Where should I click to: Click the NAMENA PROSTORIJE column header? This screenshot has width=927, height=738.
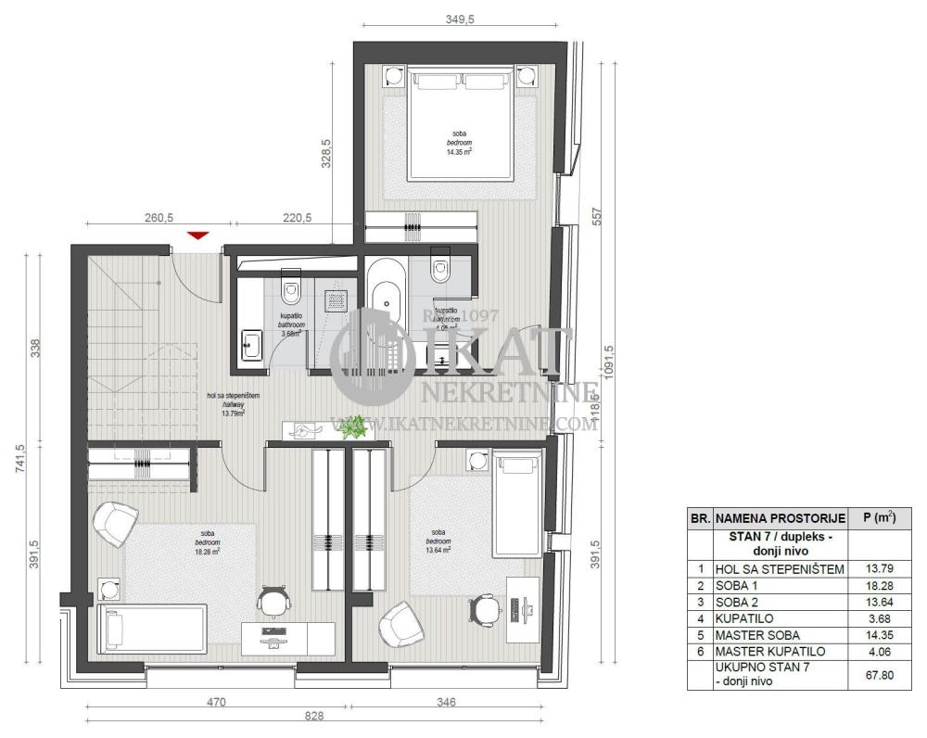pyautogui.click(x=779, y=518)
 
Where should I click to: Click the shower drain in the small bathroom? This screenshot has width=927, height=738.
pyautogui.click(x=336, y=298)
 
